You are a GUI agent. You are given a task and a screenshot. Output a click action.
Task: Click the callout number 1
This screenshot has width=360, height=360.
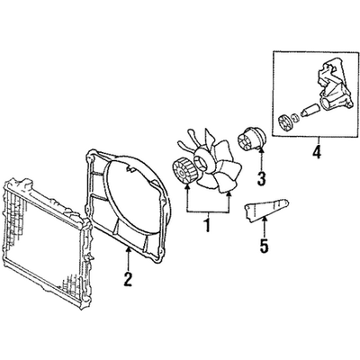pos(207,226)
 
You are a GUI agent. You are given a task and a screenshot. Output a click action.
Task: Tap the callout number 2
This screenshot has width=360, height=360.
pos(128,279)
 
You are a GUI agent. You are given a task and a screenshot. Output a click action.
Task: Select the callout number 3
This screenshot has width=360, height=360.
pos(261,179)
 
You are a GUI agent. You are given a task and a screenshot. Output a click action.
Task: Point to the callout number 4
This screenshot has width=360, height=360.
pos(317,152)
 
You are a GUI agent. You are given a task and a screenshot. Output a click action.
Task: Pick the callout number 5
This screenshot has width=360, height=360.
pos(264,246)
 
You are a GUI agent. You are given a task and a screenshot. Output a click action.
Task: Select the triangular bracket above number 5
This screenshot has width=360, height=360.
pos(266,210)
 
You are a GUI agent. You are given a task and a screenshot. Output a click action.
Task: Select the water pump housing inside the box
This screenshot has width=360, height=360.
pos(334,90)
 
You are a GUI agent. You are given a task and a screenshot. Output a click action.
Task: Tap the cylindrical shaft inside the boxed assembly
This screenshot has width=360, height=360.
pos(310,111)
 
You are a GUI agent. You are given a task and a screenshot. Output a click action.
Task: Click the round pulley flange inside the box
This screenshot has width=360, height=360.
pos(284,123)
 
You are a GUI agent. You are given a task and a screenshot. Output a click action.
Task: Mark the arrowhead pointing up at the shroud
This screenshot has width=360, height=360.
pos(129,250)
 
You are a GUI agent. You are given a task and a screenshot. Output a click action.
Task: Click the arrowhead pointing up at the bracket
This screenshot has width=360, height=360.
pos(265,220)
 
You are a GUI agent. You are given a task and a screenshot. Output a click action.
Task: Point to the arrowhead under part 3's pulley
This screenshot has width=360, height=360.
pos(261,151)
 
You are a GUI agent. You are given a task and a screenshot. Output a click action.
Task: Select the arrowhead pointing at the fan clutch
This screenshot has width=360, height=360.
pos(187,188)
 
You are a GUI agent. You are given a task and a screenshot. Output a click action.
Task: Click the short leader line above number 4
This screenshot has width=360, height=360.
pos(318,140)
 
